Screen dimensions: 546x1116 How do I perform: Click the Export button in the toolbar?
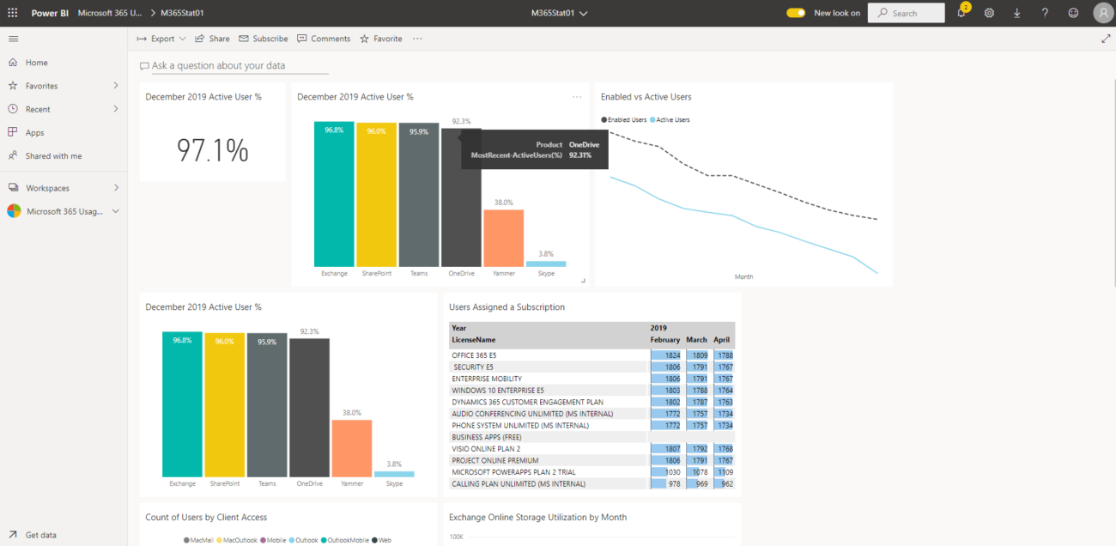pos(161,39)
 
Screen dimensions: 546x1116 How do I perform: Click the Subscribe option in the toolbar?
pos(264,39)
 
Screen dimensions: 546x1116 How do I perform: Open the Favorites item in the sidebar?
pos(41,86)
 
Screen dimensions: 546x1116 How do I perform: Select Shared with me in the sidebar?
pos(53,156)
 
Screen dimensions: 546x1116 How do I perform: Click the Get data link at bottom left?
pos(40,535)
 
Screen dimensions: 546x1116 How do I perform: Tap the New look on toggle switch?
pos(796,13)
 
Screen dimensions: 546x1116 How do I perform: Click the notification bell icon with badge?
pos(961,13)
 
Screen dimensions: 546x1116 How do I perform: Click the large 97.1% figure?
pos(212,150)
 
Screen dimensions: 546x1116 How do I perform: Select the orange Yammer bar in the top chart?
pos(503,238)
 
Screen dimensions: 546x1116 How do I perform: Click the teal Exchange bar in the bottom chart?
pos(182,403)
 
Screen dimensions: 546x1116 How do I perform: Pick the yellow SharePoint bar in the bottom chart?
pos(224,403)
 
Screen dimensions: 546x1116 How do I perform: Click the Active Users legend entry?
pos(672,119)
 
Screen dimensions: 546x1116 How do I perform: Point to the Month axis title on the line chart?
pos(743,276)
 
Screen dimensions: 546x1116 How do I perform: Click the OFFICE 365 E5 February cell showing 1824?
pos(665,355)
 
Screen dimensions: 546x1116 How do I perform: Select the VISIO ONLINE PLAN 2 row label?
pos(486,448)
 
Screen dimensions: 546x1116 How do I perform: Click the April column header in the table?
pos(721,340)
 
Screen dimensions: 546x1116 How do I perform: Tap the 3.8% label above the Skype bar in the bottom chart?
pos(394,464)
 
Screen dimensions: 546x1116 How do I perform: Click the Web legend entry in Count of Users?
pos(385,540)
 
